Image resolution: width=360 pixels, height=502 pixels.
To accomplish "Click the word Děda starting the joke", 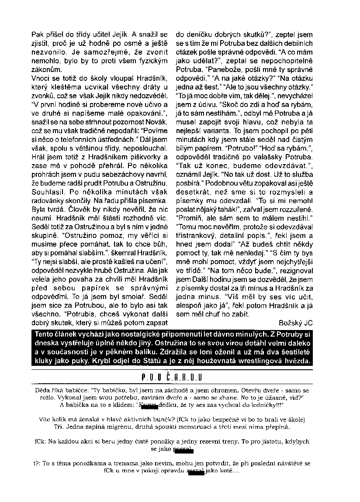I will (42, 389).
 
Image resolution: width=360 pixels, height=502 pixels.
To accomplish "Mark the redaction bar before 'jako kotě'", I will (195, 472).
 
